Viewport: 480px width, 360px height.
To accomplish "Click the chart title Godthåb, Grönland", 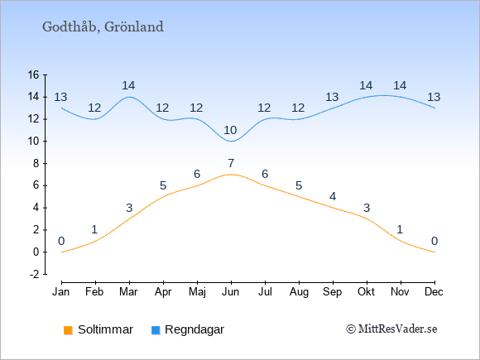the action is pos(103,27).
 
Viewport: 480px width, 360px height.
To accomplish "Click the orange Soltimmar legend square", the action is pos(68,330).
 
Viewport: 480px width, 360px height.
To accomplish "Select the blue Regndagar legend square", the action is pos(156,330).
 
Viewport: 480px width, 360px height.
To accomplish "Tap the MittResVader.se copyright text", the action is pos(391,329).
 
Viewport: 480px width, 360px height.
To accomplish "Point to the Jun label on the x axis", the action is pos(231,292).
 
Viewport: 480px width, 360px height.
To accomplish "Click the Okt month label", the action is pos(366,292).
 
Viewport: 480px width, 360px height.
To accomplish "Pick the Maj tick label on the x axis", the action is pos(197,292).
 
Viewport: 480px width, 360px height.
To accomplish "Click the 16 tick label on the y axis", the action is pos(34,74).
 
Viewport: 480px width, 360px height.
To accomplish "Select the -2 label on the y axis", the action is pos(34,274).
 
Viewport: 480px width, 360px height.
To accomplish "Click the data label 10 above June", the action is pos(230,131).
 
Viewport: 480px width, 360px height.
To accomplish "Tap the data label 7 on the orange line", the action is pos(231,163).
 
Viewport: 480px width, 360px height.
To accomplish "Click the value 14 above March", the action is pos(128,85).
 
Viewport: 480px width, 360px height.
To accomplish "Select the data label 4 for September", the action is pos(333,196).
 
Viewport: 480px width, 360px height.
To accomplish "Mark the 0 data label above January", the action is pos(61,241).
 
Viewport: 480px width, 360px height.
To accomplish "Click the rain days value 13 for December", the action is pos(434,97).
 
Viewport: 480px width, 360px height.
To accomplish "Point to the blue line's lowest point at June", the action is pos(231,142).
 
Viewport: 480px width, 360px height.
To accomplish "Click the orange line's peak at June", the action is pos(231,175).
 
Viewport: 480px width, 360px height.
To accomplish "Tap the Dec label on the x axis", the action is pos(434,292).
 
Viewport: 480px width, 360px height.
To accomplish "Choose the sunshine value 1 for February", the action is pos(94,229).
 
